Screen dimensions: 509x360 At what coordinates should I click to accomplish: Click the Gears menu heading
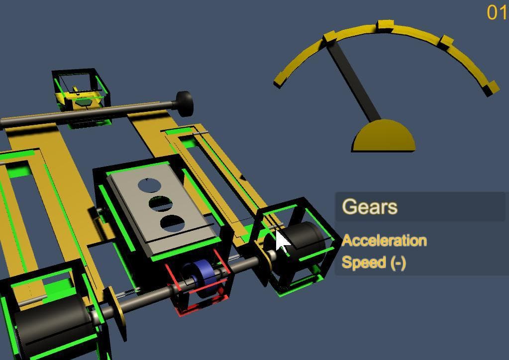pos(370,206)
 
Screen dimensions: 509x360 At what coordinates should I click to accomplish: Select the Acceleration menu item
pos(384,240)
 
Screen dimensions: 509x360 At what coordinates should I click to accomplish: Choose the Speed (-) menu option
pos(374,263)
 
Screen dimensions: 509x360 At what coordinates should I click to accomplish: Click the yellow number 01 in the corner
pos(497,13)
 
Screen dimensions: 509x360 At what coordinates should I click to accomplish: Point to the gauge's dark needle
pos(354,81)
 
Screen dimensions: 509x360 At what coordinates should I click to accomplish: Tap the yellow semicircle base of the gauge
pos(384,136)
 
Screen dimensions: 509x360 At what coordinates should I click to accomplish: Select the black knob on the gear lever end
pos(184,103)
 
